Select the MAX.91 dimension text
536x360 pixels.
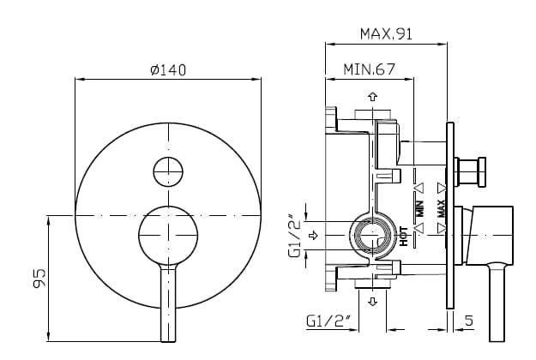386,34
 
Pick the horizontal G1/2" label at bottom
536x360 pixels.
328,321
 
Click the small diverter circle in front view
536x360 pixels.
168,171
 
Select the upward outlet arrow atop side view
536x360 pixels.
373,97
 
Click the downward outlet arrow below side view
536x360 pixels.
373,302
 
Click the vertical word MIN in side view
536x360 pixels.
420,207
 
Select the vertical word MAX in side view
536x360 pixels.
441,207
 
